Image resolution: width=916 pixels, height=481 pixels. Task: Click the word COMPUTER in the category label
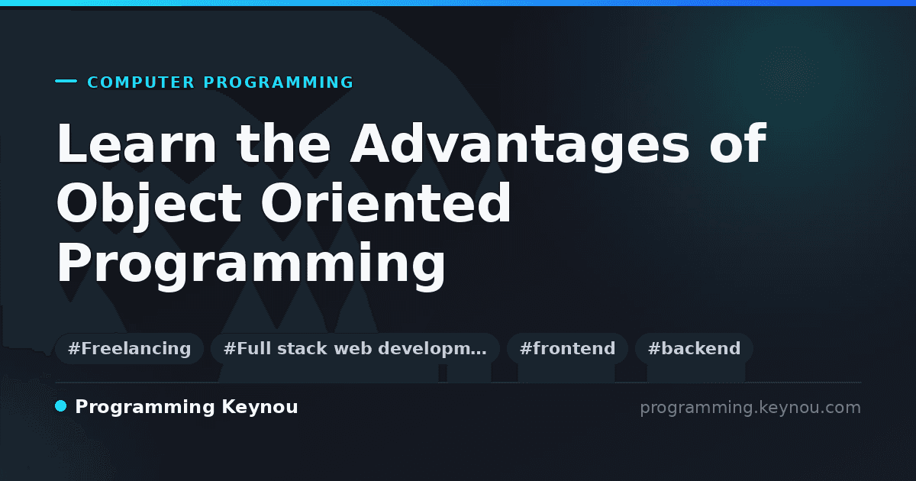tap(140, 82)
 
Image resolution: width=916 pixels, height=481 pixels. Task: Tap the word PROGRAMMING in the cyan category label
tap(279, 82)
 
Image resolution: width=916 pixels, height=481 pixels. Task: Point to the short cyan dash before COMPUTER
tap(66, 81)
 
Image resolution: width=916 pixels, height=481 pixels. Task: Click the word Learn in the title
tap(136, 144)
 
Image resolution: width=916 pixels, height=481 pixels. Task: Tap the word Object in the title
tap(149, 205)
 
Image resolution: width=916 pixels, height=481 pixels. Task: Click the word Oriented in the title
tap(385, 202)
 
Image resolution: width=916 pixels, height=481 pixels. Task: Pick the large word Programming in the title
tap(250, 265)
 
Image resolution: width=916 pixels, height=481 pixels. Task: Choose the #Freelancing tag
tap(129, 348)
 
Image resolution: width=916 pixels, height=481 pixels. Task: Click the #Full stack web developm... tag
tap(355, 348)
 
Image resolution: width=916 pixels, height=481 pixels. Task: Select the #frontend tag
tap(567, 348)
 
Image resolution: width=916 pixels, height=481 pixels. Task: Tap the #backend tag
tap(694, 348)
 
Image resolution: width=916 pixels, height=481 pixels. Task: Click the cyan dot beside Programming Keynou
tap(61, 406)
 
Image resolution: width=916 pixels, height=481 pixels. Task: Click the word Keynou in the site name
tap(260, 408)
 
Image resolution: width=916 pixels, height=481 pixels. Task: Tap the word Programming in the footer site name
tap(145, 408)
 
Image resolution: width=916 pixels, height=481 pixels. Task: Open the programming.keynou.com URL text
tap(750, 408)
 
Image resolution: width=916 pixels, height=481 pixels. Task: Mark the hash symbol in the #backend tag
tap(653, 348)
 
